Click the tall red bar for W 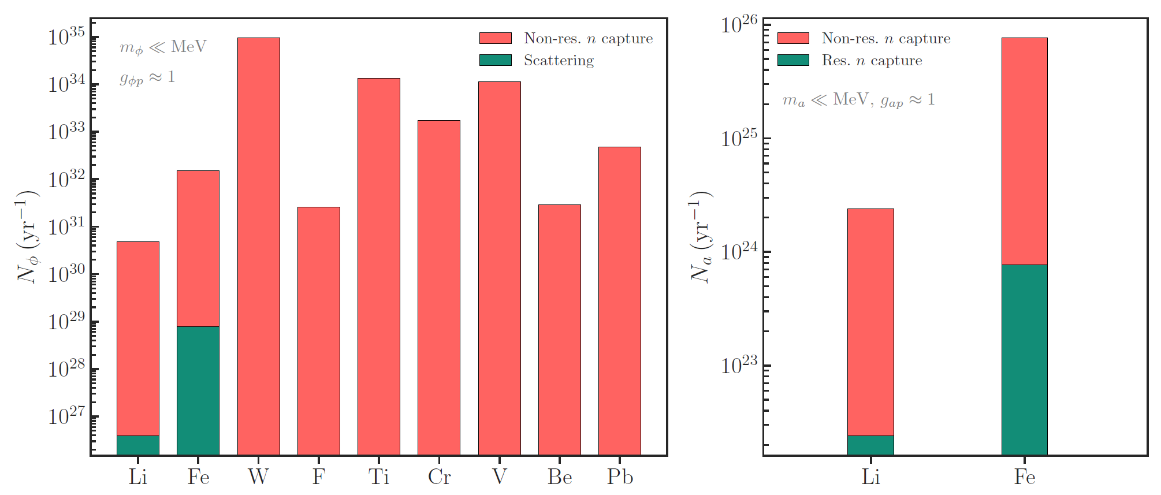258,246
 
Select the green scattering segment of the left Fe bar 198,390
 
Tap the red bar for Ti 378,266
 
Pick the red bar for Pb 619,300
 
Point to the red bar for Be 559,329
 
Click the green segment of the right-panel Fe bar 1024,359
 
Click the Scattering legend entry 558,61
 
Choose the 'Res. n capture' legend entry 872,61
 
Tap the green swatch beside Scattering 495,60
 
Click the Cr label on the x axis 439,477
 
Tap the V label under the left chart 499,477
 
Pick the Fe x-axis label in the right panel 1024,477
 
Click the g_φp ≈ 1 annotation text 147,77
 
